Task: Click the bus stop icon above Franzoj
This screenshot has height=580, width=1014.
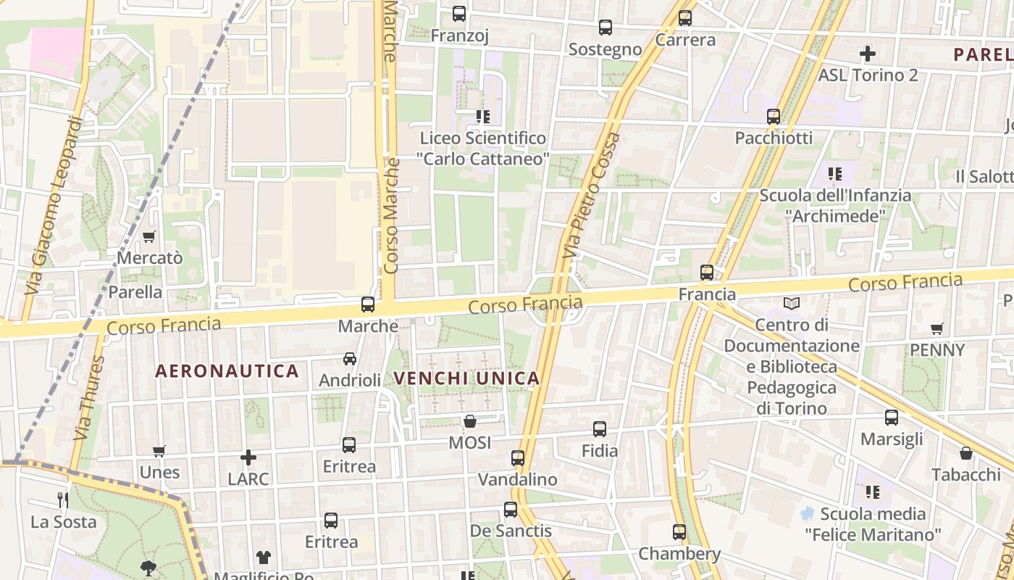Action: [x=459, y=13]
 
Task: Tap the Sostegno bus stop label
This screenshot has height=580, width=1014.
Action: [x=605, y=49]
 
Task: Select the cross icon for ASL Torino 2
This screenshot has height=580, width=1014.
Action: [x=867, y=53]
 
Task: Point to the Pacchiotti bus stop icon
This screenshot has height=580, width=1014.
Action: [x=774, y=116]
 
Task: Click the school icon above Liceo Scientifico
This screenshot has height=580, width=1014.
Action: [x=483, y=116]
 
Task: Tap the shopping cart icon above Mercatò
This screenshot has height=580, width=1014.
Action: [x=149, y=236]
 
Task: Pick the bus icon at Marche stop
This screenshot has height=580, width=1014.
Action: [x=368, y=304]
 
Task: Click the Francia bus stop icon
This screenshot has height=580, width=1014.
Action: [x=707, y=273]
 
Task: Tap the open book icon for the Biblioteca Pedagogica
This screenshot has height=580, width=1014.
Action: [x=792, y=303]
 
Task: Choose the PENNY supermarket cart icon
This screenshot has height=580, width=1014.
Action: [x=937, y=328]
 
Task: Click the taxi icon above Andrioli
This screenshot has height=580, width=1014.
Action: [x=350, y=359]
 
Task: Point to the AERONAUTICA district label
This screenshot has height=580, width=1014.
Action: [x=227, y=371]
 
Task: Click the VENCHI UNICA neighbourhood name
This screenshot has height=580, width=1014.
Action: [x=466, y=378]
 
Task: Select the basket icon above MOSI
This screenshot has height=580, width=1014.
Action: [x=470, y=421]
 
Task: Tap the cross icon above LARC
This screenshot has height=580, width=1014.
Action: [x=248, y=457]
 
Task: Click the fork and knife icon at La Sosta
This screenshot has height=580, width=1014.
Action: [x=63, y=500]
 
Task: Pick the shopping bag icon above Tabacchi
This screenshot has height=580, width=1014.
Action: [x=965, y=453]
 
